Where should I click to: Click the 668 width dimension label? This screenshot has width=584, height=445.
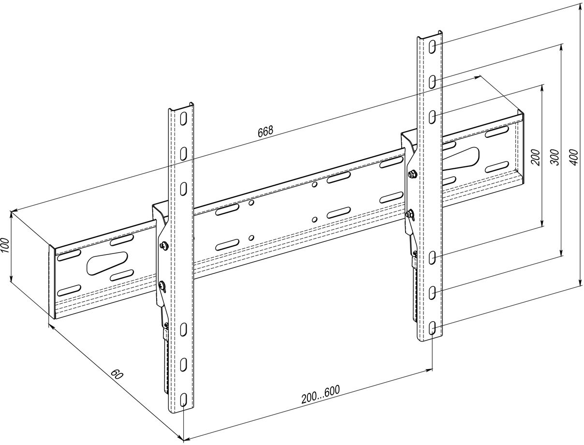(x=265, y=132)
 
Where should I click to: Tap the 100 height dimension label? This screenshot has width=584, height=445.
(x=5, y=245)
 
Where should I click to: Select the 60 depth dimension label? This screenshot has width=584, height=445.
(x=117, y=374)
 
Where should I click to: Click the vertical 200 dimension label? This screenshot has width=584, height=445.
(x=536, y=158)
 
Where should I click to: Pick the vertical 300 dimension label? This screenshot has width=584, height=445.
(x=555, y=158)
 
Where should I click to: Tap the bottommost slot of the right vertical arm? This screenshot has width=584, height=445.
(x=432, y=328)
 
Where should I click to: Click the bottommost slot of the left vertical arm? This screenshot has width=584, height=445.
(x=183, y=400)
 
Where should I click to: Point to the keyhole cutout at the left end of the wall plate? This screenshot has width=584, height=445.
(x=107, y=263)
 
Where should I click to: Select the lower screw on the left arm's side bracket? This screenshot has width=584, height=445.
(x=162, y=285)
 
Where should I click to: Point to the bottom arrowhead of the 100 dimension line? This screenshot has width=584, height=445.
(x=11, y=278)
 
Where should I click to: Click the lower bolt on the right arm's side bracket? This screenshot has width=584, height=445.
(x=409, y=214)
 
